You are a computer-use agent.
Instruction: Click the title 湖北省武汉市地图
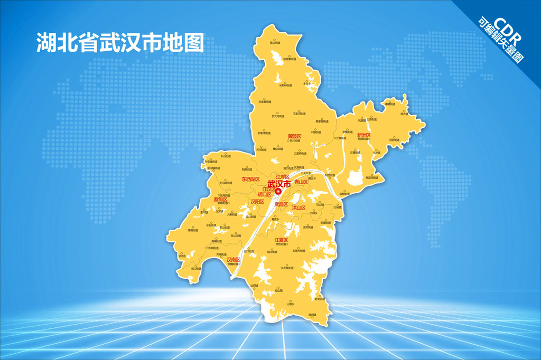pos(120,43)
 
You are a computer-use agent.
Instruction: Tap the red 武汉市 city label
pos(278,184)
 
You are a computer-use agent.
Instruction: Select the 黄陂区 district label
pos(294,137)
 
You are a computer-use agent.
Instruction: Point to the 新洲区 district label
pos(364,136)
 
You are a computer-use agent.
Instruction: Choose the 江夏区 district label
pos(281,241)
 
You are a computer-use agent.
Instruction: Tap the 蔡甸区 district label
pos(220,199)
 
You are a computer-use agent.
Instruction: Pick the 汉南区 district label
pos(233,260)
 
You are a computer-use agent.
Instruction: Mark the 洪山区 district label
pos(300,208)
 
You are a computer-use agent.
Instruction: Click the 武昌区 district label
pos(281,204)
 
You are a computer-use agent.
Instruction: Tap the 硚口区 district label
pos(264,194)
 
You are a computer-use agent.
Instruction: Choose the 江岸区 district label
pos(283,176)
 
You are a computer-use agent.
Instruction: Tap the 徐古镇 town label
pos(404,113)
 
